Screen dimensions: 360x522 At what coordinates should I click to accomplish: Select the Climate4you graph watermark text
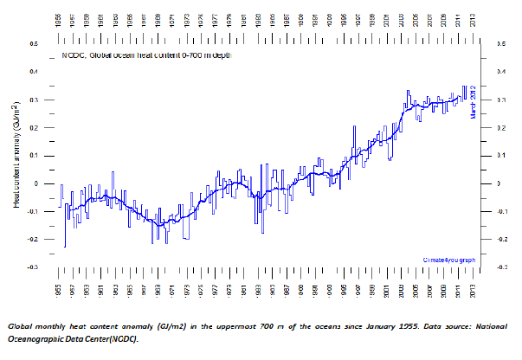pos(448,259)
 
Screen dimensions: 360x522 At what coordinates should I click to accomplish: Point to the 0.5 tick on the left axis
pos(34,42)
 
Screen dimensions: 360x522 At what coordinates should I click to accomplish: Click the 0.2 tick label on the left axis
pos(34,127)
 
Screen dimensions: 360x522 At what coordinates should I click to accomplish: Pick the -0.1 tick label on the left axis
pos(33,211)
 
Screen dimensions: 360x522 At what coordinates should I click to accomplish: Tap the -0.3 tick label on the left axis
pos(33,267)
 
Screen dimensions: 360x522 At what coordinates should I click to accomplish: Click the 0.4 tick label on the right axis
pos(499,71)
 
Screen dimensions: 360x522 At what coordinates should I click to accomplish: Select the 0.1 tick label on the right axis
pos(499,156)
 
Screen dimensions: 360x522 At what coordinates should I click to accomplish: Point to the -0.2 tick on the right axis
pos(499,240)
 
